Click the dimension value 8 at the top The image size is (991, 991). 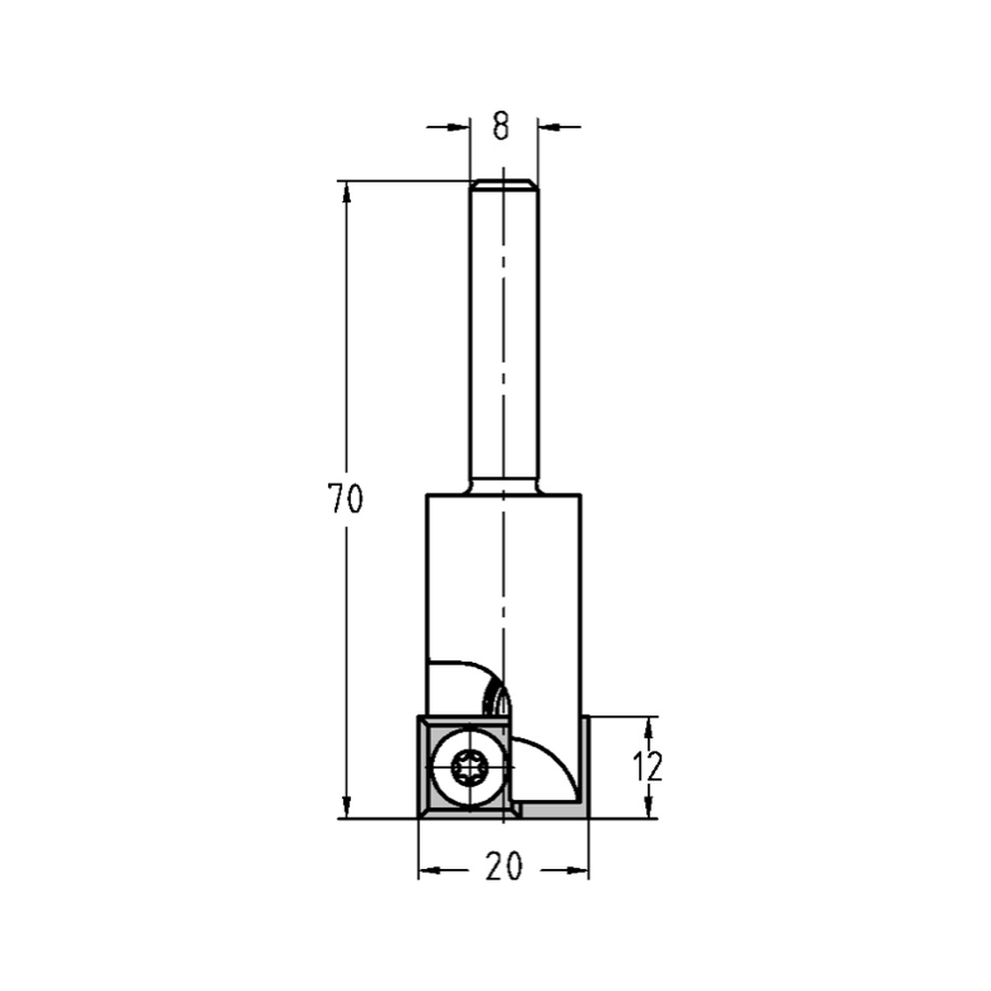(x=500, y=127)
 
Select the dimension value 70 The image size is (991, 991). (x=346, y=499)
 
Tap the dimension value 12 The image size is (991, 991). (x=648, y=766)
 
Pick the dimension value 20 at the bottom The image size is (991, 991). (x=503, y=868)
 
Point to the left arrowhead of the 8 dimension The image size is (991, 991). (x=458, y=127)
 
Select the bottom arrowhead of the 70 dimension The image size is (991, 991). (x=346, y=808)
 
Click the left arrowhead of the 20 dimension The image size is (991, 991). (x=428, y=870)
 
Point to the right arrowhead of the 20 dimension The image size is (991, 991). (x=579, y=870)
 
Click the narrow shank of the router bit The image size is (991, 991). (x=503, y=337)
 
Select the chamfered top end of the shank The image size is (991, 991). (x=503, y=184)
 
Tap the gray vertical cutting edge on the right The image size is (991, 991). (x=585, y=763)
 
